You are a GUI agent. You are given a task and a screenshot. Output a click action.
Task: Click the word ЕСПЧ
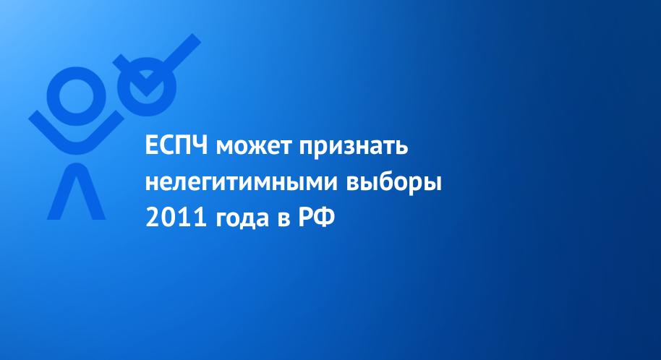coord(176,146)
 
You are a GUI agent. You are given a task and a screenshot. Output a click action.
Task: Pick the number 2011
coord(176,218)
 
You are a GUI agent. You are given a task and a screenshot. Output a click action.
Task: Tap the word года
coord(242,220)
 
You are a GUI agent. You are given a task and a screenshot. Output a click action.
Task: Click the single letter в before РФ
coord(283,220)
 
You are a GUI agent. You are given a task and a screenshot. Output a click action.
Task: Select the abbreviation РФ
coord(317,218)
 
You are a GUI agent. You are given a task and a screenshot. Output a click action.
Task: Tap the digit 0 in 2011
coord(169,218)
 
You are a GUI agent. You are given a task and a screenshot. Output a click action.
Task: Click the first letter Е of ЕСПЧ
coord(151,146)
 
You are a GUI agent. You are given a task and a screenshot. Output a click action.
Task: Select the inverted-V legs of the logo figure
coord(77,191)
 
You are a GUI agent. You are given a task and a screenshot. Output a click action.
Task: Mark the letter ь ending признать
coord(401,148)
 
